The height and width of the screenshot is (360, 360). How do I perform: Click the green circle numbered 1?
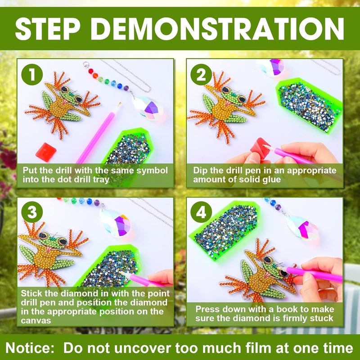[x=32, y=75]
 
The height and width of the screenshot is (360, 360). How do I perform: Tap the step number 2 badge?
[x=201, y=75]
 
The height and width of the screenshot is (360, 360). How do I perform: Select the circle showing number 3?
[x=32, y=212]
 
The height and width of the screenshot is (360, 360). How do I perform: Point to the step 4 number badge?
[x=201, y=212]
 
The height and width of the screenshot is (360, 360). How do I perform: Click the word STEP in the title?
[x=48, y=29]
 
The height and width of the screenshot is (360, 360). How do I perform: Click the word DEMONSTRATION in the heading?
[x=219, y=29]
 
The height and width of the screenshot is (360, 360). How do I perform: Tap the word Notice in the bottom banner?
[x=30, y=347]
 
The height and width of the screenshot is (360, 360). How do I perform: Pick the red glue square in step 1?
[x=46, y=152]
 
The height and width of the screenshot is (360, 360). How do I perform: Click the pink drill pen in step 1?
[x=98, y=134]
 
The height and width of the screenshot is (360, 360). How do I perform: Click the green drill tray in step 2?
[x=309, y=106]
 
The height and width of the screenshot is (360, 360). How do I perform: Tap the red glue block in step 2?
[x=260, y=148]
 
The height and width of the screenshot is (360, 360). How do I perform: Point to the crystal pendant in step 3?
[x=116, y=223]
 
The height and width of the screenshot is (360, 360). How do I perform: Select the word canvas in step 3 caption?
[x=36, y=320]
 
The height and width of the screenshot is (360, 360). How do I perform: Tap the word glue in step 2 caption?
[x=272, y=180]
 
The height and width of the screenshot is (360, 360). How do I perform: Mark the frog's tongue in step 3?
[x=49, y=250]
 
